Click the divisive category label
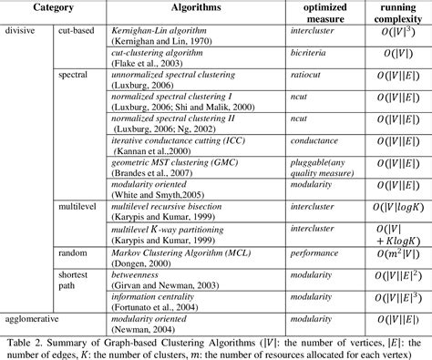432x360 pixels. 21,31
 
